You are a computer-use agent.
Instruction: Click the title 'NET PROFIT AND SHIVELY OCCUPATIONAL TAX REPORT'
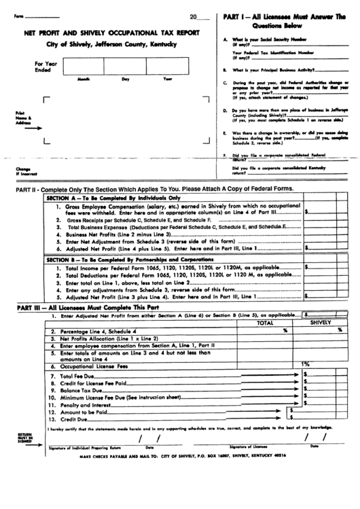point(111,32)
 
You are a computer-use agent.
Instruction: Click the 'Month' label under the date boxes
point(84,80)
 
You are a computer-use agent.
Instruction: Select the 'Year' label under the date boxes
point(168,80)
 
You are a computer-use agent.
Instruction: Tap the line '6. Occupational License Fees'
point(89,366)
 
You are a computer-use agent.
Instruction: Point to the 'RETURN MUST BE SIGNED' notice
point(24,438)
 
